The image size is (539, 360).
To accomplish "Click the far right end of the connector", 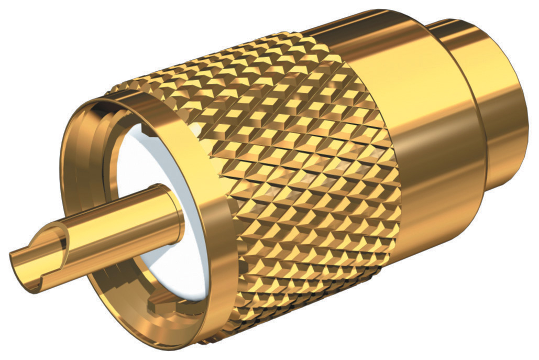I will [526, 105].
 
